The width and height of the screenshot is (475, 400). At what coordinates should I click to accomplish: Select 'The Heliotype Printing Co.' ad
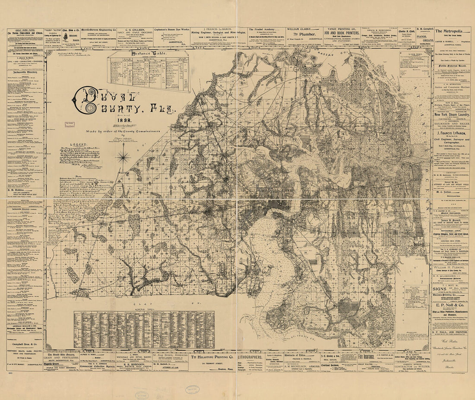(x=212, y=358)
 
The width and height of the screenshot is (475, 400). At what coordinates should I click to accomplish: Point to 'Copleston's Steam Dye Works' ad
(x=172, y=30)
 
